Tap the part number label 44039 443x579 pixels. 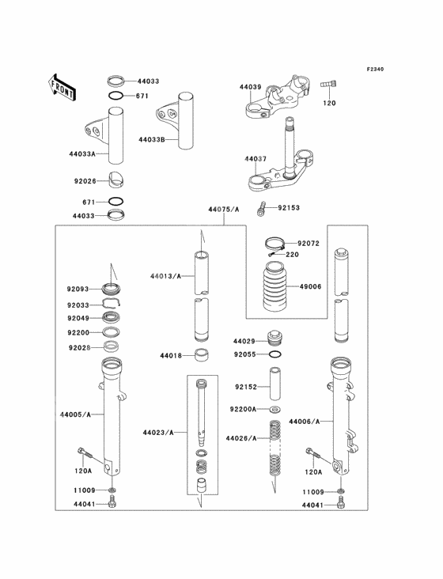pyautogui.click(x=250, y=86)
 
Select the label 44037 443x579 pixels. pyautogui.click(x=256, y=158)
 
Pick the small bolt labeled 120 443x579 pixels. pyautogui.click(x=328, y=85)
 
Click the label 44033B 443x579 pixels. pyautogui.click(x=150, y=139)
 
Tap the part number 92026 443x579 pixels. pyautogui.click(x=85, y=181)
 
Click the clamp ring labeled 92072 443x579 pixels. pyautogui.click(x=273, y=244)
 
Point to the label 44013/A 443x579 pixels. pyautogui.click(x=165, y=276)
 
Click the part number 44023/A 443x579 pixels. pyautogui.click(x=158, y=433)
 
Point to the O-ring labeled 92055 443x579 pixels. pyautogui.click(x=274, y=355)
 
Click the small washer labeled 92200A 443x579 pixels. pyautogui.click(x=274, y=409)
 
